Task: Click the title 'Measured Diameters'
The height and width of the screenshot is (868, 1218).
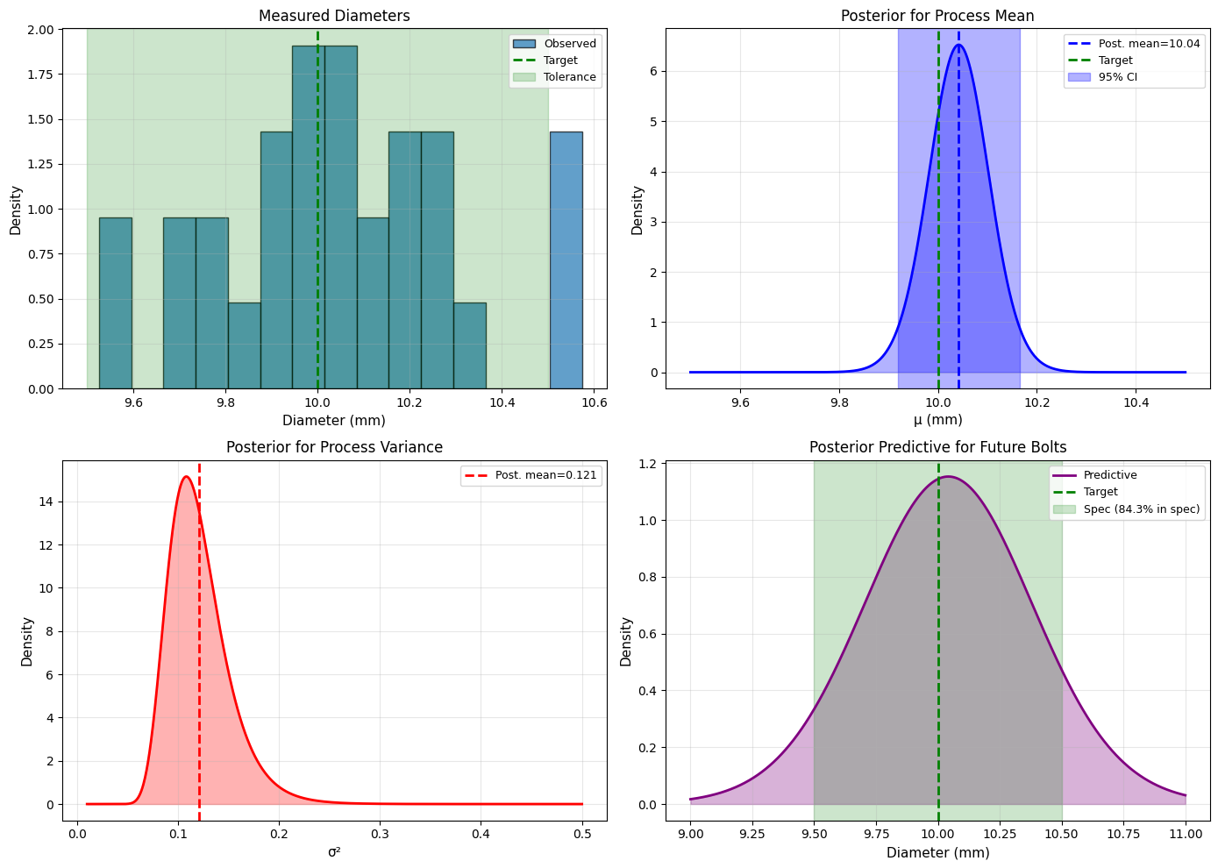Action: pos(334,16)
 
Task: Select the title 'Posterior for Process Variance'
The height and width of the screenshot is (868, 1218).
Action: pos(334,447)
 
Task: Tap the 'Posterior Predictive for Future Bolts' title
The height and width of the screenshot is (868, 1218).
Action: pos(937,447)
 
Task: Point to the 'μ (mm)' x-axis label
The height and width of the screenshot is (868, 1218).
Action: pos(937,420)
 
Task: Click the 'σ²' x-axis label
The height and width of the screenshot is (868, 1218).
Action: pos(334,851)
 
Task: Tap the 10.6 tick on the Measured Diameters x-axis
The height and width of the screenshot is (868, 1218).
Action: pos(594,403)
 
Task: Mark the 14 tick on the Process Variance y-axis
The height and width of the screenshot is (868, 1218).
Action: pos(47,502)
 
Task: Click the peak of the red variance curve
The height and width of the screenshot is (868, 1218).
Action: pos(186,477)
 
